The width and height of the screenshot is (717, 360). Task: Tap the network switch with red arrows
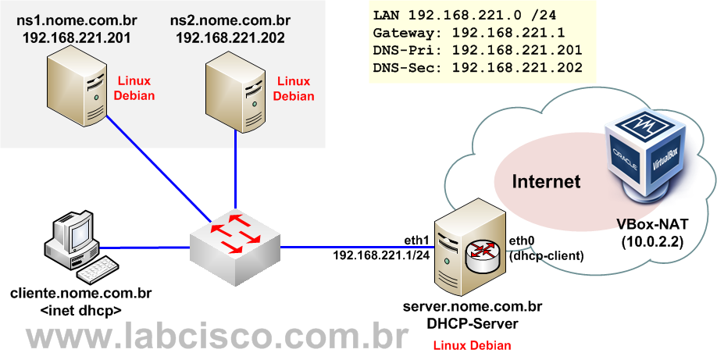pos(235,235)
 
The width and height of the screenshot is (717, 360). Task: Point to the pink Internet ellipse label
pos(546,183)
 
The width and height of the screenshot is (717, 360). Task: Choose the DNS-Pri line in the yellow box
pos(477,51)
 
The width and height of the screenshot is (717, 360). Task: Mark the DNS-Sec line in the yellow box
pos(477,68)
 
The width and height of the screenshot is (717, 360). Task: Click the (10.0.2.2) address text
pos(652,242)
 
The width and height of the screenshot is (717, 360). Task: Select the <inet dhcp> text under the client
pos(80,310)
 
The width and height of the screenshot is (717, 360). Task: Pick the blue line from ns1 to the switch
pos(156,164)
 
